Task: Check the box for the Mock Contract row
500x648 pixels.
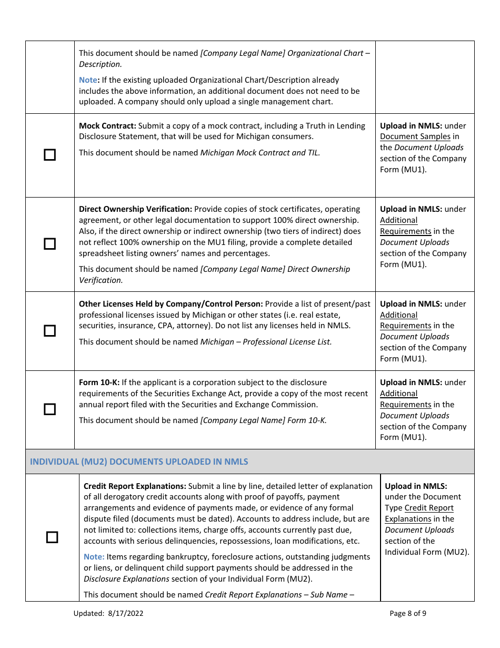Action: coord(49,155)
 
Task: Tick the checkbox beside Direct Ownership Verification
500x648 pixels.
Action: coord(49,244)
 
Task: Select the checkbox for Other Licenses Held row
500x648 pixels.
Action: coord(49,331)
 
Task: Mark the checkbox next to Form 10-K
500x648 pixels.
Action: coord(49,409)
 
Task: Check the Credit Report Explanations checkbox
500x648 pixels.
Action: coord(52,537)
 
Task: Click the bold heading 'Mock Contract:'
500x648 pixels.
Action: coord(107,126)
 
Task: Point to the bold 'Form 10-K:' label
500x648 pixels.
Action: coord(99,382)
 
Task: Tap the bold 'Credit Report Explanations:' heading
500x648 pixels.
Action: coord(135,486)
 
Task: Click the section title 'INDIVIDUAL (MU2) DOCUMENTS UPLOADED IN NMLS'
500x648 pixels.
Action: coord(139,462)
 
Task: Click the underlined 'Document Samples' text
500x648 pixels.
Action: coord(415,136)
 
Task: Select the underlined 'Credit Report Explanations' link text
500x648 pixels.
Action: coord(419,513)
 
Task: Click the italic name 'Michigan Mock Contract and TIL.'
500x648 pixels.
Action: coord(260,153)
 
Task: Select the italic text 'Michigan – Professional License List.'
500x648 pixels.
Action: coord(266,342)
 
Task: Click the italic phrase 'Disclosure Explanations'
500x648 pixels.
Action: coord(126,579)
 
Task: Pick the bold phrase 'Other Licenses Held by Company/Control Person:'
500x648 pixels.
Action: coord(171,304)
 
